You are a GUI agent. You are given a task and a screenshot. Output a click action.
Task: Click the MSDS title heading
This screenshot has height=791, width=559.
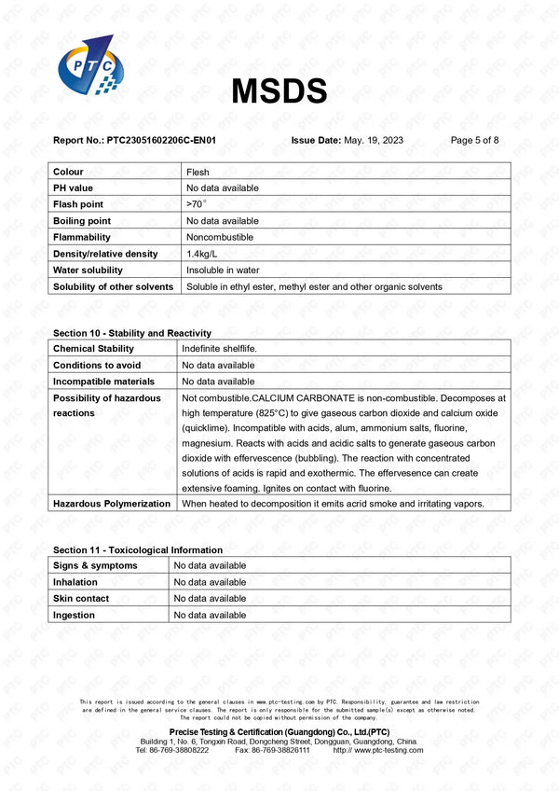click(279, 90)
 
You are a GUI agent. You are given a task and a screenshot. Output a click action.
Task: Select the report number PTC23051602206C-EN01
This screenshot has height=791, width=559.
click(161, 140)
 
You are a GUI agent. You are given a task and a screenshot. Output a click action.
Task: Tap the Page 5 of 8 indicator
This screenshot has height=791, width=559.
click(474, 140)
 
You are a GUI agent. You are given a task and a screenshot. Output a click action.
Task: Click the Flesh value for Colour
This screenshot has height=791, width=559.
click(198, 172)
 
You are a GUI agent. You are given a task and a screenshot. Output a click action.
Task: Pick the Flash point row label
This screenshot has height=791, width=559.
click(78, 204)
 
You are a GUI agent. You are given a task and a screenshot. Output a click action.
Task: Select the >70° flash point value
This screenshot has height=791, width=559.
click(195, 204)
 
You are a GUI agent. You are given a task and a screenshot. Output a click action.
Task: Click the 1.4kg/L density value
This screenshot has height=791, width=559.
click(201, 254)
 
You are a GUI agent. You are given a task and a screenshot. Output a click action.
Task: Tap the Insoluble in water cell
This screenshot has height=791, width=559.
click(222, 270)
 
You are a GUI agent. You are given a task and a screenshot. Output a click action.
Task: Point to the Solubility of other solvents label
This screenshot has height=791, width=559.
click(113, 286)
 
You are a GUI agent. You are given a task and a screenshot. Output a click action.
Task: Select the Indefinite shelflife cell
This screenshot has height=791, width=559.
click(219, 348)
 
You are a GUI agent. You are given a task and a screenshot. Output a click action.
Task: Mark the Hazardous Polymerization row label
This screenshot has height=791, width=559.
click(112, 504)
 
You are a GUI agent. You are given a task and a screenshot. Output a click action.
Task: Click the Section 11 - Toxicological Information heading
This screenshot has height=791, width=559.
click(138, 550)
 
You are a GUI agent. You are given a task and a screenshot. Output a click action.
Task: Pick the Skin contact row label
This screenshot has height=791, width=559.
click(81, 598)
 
